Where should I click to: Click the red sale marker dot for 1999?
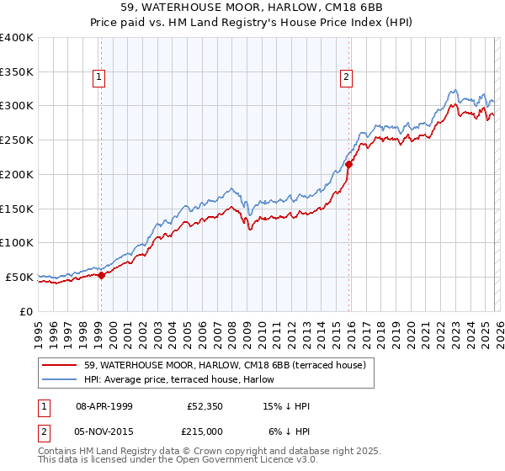click(101, 275)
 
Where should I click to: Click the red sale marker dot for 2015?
click(349, 164)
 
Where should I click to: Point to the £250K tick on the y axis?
click(17, 140)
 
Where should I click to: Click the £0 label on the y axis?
click(27, 311)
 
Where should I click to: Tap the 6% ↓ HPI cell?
click(289, 431)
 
